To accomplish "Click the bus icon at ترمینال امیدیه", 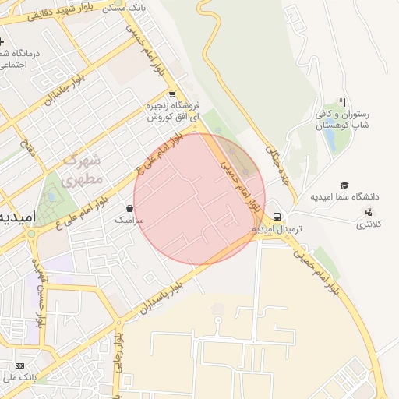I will pyautogui.click(x=277, y=217).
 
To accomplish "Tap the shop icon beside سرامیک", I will pyautogui.click(x=129, y=209).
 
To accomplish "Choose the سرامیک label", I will pyautogui.click(x=129, y=221).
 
